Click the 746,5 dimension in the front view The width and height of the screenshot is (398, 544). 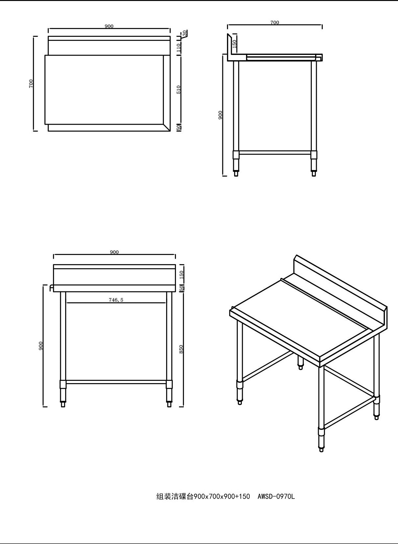[116, 300]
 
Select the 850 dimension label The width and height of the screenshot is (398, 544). [181, 349]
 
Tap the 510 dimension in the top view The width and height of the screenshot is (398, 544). [179, 89]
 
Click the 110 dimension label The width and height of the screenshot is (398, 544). [179, 47]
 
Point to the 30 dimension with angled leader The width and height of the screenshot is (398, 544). [185, 33]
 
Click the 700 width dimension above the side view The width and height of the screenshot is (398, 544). [274, 22]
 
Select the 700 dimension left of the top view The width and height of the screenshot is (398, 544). [31, 84]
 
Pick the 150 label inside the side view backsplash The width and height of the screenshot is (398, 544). [235, 44]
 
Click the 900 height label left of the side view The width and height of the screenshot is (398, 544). [220, 115]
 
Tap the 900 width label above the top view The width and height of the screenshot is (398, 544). [109, 26]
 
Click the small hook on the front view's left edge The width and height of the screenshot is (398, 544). [51, 288]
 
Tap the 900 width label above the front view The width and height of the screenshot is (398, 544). [114, 252]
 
